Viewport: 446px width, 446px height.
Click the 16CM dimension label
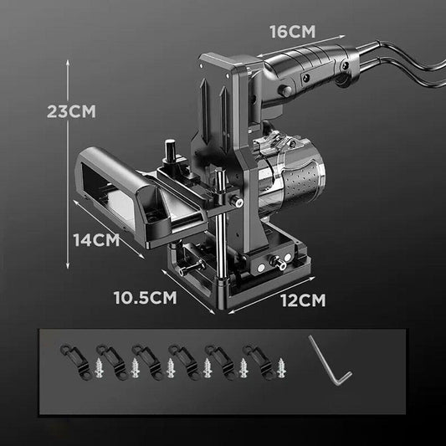coord(293,32)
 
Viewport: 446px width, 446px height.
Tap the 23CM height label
coord(71,111)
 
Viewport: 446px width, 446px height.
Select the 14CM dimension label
coord(96,240)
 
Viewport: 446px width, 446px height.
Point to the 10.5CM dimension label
coord(146,298)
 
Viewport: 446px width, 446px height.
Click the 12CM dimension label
coord(304,300)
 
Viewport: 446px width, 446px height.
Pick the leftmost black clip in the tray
coord(75,362)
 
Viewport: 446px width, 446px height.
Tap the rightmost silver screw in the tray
coord(281,368)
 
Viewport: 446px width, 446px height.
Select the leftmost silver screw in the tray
coord(99,368)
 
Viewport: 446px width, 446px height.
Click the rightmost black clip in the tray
coord(258,362)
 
